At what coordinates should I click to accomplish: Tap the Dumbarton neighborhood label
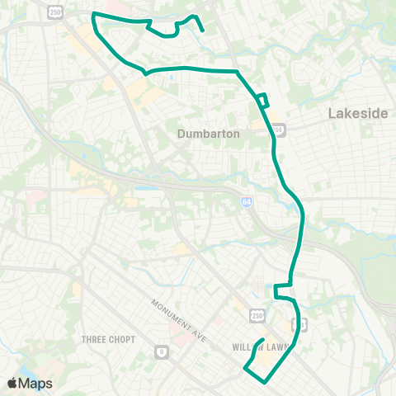point(209,133)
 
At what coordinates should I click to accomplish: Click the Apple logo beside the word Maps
point(12,383)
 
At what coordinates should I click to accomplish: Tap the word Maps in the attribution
point(35,383)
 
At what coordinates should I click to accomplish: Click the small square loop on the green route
point(262,101)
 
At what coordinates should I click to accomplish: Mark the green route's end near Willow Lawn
point(262,340)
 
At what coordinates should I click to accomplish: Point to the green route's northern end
point(202,31)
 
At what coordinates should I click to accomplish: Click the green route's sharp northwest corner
point(93,14)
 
